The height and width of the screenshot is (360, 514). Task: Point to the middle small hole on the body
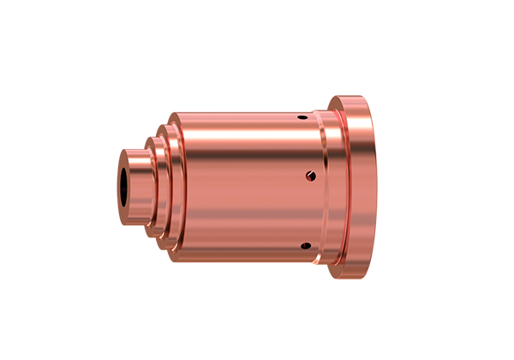point(310,177)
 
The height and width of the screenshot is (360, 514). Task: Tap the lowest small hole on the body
point(303,247)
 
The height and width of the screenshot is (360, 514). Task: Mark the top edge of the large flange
point(353,99)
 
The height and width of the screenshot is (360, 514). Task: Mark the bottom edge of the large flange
point(353,279)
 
